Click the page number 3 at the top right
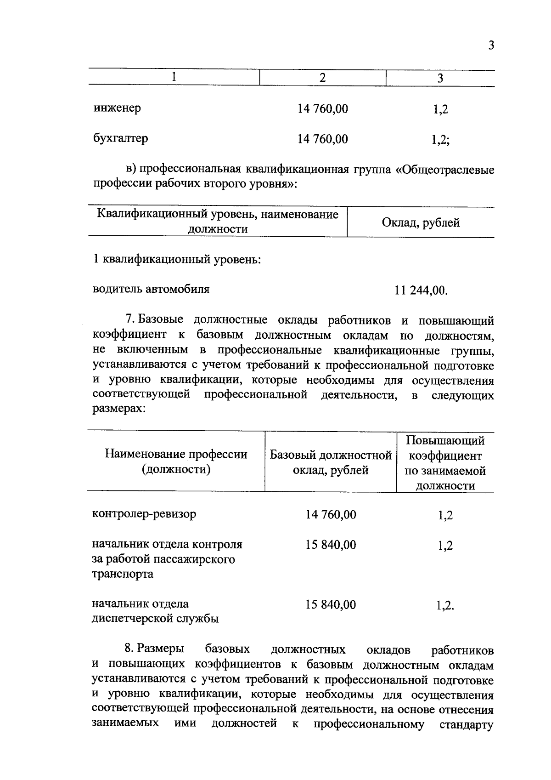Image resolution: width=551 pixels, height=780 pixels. click(x=491, y=46)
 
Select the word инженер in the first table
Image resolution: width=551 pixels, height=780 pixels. click(x=117, y=108)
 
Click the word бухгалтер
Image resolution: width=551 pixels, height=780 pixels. click(x=120, y=138)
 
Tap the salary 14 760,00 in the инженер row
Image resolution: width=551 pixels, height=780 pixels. click(x=322, y=109)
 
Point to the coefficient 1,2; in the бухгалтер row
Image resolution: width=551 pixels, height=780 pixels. click(x=440, y=139)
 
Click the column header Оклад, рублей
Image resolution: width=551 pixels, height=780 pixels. click(x=421, y=223)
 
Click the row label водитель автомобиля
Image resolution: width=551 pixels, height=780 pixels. click(x=151, y=289)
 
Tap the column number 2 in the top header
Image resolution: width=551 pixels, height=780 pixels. click(x=322, y=78)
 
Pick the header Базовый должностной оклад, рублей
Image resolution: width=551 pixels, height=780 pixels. click(x=331, y=462)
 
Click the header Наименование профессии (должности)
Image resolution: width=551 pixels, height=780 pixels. click(x=176, y=461)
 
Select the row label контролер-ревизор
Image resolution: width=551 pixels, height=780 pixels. click(x=144, y=513)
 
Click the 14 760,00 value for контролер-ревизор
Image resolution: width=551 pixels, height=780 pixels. click(x=331, y=514)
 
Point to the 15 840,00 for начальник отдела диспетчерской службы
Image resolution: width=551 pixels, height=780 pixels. click(x=331, y=604)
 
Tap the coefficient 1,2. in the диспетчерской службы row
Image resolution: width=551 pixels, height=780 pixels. click(x=445, y=605)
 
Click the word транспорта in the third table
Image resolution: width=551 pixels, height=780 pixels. click(x=123, y=574)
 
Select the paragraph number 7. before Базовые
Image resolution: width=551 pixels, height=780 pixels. click(x=129, y=319)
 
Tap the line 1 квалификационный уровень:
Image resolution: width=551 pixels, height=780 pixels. click(x=177, y=259)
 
